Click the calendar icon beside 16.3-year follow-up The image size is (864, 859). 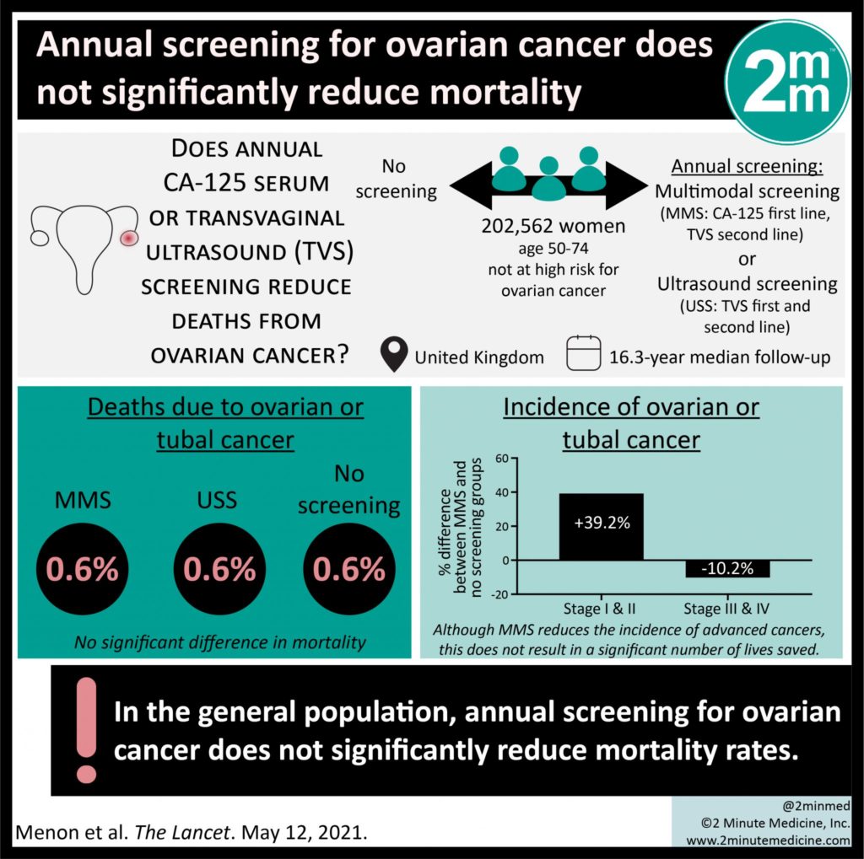[582, 355]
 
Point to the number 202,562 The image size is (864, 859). [517, 226]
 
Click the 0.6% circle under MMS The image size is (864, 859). [83, 571]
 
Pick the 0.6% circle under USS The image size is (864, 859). [219, 571]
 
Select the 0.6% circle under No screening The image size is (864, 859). [348, 571]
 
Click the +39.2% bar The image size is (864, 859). [601, 527]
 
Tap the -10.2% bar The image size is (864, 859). [726, 569]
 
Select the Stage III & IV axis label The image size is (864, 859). [726, 609]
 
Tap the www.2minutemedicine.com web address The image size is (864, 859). [768, 840]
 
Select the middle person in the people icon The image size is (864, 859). [549, 179]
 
